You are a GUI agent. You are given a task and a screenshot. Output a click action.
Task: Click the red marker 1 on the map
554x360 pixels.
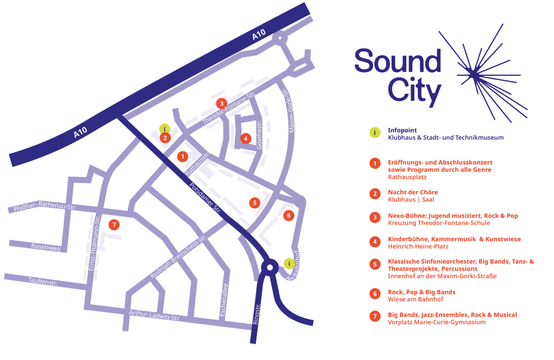click(183, 156)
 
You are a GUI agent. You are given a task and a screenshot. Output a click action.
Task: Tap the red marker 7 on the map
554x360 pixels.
click(113, 224)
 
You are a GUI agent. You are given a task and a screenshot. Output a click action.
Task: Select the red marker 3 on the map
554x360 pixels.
click(221, 103)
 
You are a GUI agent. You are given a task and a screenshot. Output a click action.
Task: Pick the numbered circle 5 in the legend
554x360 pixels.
click(374, 264)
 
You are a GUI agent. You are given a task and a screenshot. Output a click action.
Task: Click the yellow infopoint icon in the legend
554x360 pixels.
click(374, 133)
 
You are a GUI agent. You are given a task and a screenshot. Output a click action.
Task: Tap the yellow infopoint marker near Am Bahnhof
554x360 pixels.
click(289, 263)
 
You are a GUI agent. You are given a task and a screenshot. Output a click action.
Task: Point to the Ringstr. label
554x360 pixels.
click(256, 313)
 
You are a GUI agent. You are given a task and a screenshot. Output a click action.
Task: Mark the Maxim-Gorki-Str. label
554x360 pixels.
click(292, 111)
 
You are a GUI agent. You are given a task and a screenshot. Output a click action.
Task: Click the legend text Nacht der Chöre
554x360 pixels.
click(413, 192)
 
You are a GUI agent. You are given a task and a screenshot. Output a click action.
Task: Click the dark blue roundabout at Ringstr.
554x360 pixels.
click(268, 267)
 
